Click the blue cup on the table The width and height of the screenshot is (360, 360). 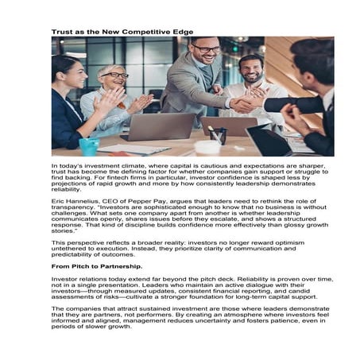click(89, 146)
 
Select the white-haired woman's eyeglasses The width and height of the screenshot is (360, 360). click(115, 75)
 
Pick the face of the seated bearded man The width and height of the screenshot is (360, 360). click(253, 70)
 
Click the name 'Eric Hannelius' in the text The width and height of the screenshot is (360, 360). click(75, 203)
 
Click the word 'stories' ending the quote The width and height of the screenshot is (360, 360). click(64, 232)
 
